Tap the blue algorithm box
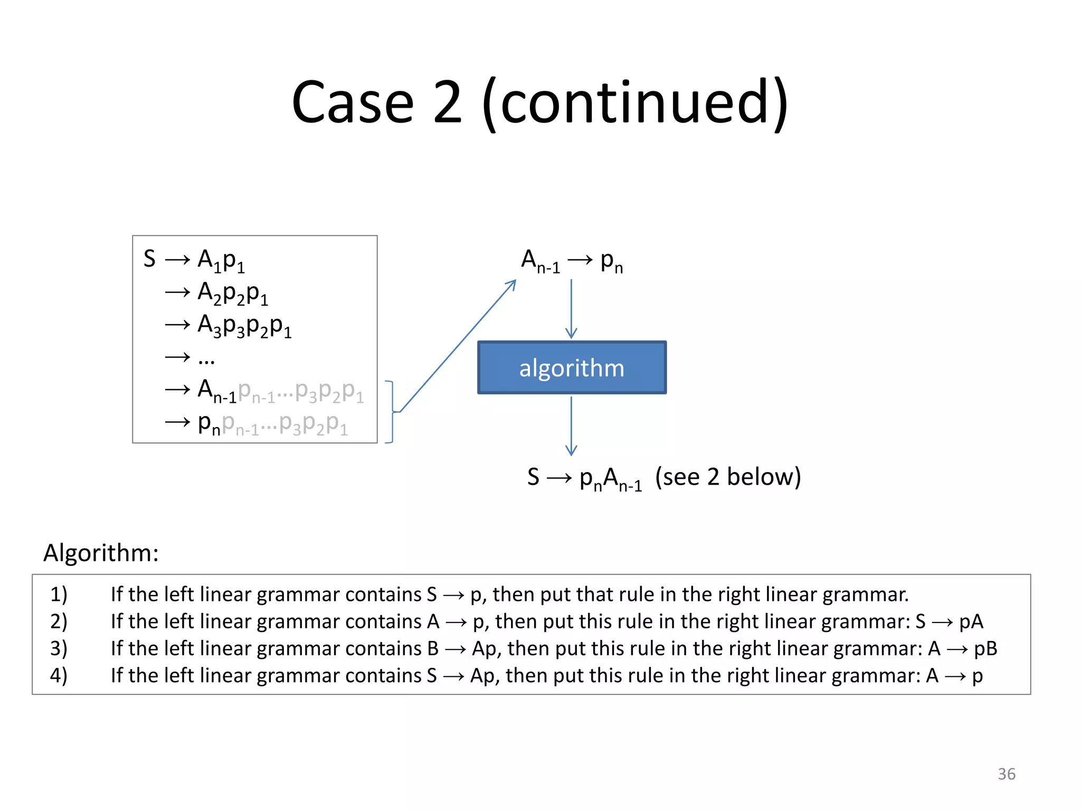pos(572,367)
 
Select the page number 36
pos(1006,774)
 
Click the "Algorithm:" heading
pos(101,553)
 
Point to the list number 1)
pos(59,595)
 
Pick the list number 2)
pos(59,621)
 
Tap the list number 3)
pos(59,648)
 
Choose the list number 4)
pos(59,675)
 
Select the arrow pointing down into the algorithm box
pos(571,309)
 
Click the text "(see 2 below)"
pos(728,477)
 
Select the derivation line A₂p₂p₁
pos(232,293)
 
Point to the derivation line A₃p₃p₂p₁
pos(244,325)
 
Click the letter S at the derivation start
pos(149,259)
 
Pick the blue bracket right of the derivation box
pos(391,412)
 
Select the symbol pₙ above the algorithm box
pos(611,261)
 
